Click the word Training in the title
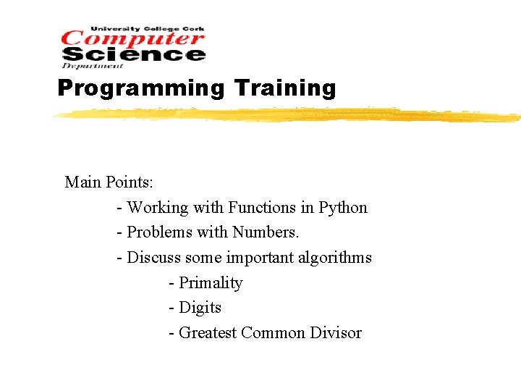[285, 88]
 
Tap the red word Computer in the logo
[134, 38]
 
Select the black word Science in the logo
[134, 54]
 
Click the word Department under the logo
[82, 66]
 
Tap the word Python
[343, 208]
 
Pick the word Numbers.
[266, 232]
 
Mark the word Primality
[211, 283]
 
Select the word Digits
[200, 308]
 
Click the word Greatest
[208, 332]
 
